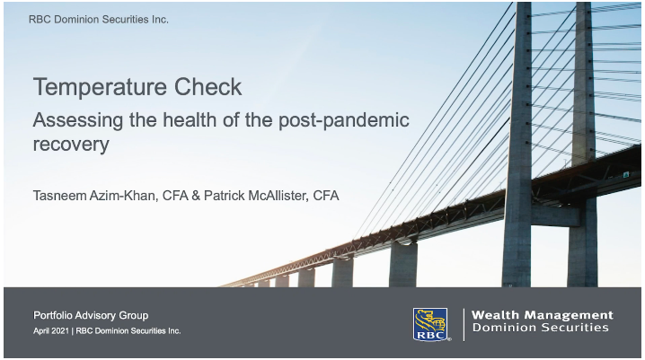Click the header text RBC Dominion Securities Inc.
98,19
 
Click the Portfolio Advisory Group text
91,315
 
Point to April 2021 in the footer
57,331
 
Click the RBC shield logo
430,324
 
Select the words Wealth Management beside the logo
542,315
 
